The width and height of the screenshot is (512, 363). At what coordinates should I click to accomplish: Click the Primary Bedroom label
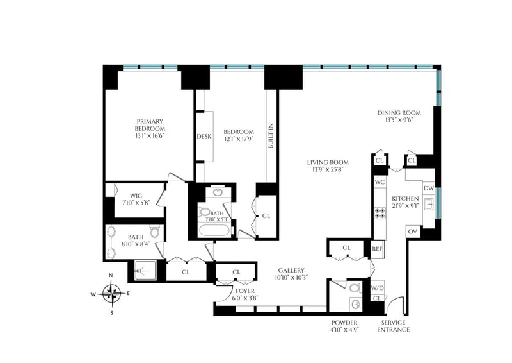coord(150,125)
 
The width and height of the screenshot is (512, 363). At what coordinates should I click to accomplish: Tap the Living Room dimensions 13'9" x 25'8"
coord(328,169)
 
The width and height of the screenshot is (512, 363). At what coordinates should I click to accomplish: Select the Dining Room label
coord(399,113)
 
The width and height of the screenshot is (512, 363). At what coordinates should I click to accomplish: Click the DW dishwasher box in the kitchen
coord(429,188)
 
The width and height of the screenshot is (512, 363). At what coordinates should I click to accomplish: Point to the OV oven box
coord(413,232)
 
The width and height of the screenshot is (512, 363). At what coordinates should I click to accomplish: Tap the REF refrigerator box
coord(377,249)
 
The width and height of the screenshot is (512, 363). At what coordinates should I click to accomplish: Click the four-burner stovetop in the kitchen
coord(380,214)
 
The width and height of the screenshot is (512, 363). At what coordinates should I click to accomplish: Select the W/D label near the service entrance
coord(377,289)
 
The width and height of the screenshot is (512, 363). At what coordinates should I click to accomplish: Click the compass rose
coord(111,293)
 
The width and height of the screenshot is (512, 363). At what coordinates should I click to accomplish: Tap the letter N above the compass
coord(111,276)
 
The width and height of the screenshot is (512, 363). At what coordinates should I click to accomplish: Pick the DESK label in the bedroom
coord(204,137)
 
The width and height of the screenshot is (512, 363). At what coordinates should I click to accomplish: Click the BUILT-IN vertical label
coord(271,136)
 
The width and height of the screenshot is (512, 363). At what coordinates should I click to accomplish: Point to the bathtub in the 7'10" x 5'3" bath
coord(214,231)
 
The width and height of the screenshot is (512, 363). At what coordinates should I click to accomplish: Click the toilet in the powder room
coord(355,289)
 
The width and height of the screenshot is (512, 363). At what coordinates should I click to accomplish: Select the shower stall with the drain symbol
coord(146,271)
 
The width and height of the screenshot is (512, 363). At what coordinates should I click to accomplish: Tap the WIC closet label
coord(136,196)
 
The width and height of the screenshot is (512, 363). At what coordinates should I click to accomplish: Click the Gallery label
coord(291,271)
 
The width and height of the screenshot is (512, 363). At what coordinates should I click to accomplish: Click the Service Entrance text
coord(393,326)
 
